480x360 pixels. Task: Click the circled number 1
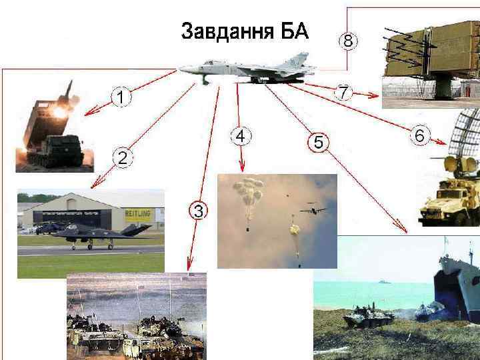(121, 97)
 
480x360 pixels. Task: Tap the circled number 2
(123, 158)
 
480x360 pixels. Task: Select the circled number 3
(198, 211)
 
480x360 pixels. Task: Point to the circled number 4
(241, 136)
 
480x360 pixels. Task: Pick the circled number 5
(319, 143)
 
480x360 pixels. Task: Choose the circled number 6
(420, 135)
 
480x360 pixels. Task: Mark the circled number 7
(343, 92)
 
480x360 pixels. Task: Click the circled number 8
(348, 41)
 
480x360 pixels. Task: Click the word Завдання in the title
(227, 31)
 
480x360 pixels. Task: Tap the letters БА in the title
(295, 31)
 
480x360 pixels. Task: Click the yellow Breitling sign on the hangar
(138, 214)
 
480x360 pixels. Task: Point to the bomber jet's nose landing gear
(205, 79)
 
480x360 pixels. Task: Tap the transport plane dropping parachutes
(313, 210)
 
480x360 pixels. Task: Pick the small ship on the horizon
(385, 281)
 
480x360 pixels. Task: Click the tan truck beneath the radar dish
(449, 202)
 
